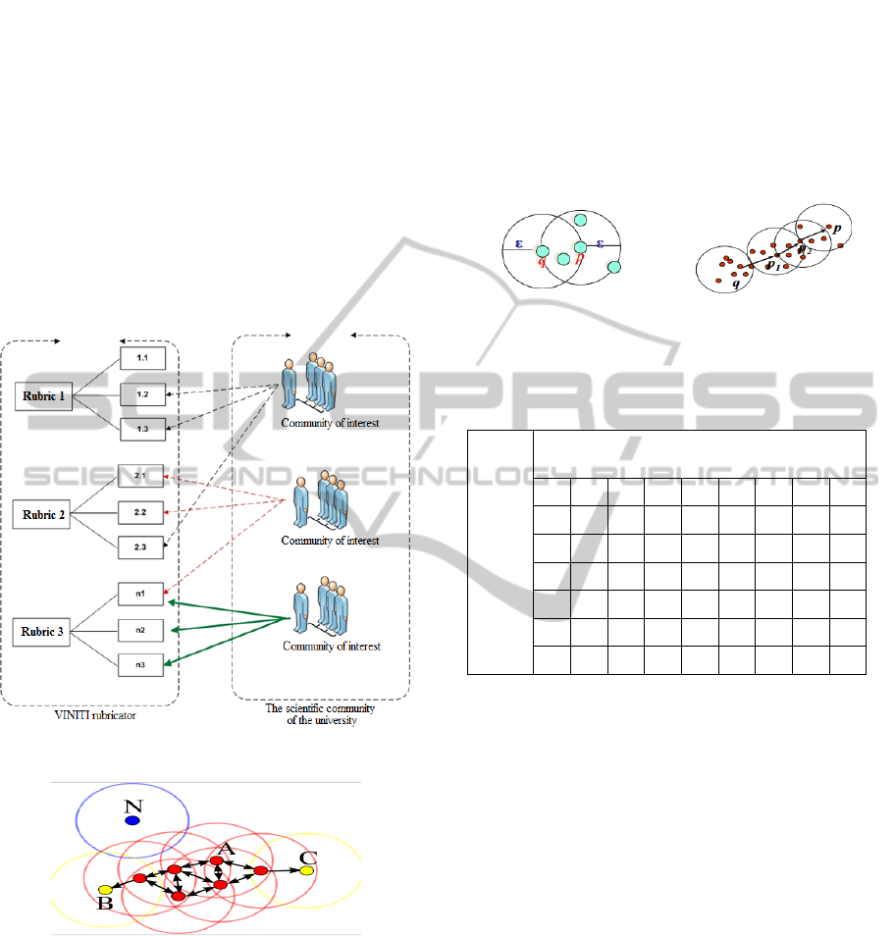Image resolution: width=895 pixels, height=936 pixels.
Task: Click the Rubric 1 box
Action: click(44, 397)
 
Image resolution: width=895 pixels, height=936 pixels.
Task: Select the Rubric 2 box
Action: click(44, 514)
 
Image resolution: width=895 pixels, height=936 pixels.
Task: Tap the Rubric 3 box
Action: click(44, 631)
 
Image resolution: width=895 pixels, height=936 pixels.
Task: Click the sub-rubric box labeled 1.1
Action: click(142, 358)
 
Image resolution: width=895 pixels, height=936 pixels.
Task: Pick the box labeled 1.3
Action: click(142, 429)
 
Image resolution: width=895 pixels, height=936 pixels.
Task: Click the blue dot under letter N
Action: click(132, 819)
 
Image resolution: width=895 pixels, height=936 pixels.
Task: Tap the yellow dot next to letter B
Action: click(106, 890)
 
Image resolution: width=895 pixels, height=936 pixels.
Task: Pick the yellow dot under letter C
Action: click(307, 870)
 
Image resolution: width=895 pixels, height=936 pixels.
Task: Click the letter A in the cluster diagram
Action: click(227, 848)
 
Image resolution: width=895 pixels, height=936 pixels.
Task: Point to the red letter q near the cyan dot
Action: click(541, 261)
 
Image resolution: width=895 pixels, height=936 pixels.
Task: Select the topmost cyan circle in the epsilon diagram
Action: click(580, 219)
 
